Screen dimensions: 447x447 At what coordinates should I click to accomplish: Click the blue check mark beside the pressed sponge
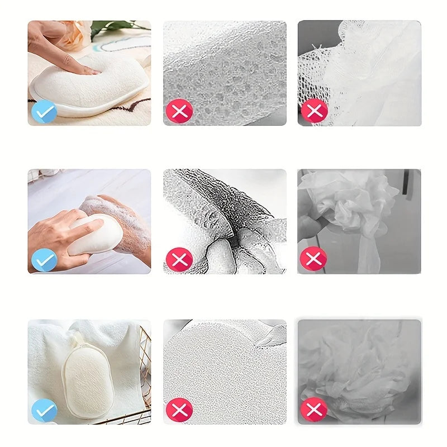pos(44,111)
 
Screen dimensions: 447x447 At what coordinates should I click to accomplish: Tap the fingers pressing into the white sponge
pos(84,68)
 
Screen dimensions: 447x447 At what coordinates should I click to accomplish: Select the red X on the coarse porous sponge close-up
pos(179,111)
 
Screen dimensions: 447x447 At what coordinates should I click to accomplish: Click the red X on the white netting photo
pos(314,111)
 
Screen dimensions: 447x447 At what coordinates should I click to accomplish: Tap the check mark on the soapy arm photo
pos(44,259)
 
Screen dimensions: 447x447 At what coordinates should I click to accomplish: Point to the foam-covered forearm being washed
pos(126,223)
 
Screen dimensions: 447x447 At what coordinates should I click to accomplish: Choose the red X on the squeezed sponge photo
pos(179,259)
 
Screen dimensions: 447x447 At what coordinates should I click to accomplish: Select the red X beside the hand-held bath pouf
pos(314,259)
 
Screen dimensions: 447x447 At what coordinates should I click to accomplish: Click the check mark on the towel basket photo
pos(44,410)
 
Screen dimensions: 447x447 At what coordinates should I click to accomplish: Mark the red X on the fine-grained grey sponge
pos(179,410)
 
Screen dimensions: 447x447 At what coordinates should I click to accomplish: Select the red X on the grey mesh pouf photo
pos(314,410)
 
